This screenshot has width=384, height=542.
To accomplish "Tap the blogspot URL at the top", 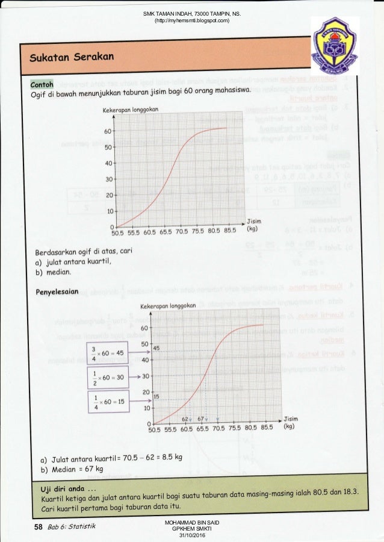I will (x=192, y=22).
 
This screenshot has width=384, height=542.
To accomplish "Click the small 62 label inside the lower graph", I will (x=186, y=418).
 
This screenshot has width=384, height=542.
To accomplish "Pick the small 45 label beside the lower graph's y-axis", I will (x=155, y=348).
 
